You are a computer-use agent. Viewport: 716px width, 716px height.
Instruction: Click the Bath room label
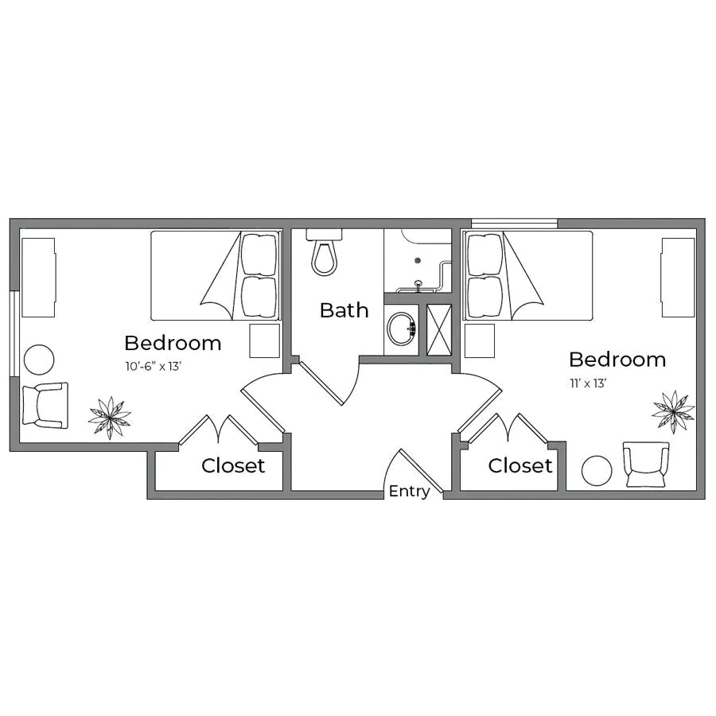(344, 310)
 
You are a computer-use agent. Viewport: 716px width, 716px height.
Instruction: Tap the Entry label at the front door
(409, 492)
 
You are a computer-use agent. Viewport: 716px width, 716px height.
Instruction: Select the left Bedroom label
(173, 344)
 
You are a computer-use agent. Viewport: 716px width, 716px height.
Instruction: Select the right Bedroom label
(617, 360)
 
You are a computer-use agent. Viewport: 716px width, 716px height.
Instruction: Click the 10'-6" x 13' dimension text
(154, 367)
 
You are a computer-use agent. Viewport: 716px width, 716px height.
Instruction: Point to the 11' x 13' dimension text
(588, 383)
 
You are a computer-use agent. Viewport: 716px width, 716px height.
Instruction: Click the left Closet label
(233, 466)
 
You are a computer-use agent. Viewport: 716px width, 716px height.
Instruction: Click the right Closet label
(520, 466)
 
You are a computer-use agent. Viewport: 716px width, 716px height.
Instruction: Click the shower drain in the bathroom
(417, 260)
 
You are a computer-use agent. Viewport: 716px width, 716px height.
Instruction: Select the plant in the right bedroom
(673, 409)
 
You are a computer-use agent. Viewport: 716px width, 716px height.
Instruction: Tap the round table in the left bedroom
(38, 360)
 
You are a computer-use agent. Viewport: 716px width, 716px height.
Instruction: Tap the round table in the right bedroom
(597, 470)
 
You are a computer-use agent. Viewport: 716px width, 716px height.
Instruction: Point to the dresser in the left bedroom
(37, 277)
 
